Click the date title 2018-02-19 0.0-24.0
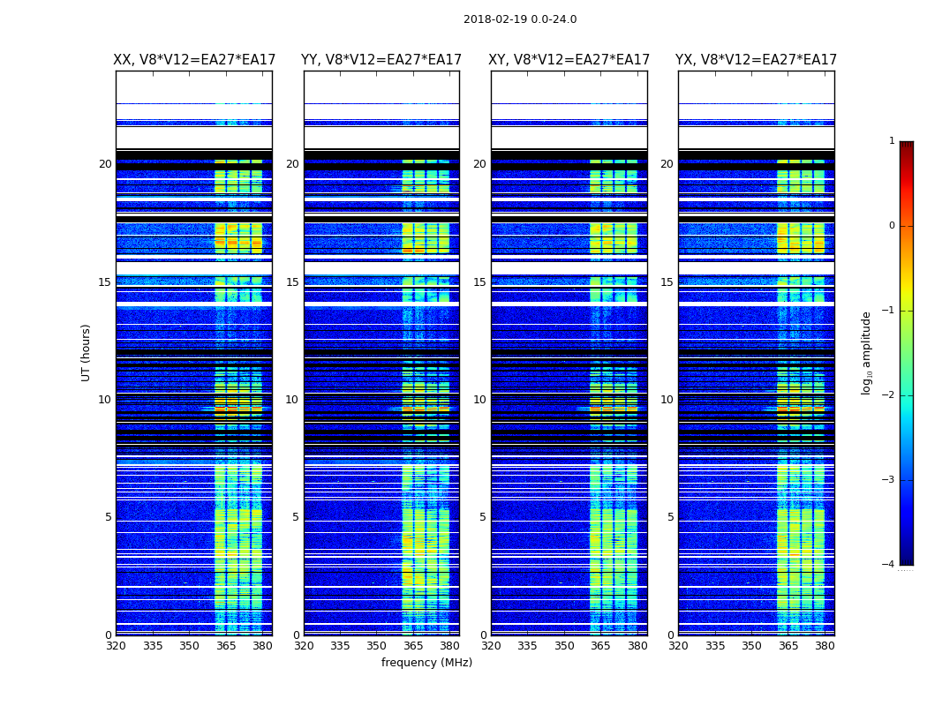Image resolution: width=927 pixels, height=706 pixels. (520, 19)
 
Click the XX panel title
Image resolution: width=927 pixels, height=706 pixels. (194, 60)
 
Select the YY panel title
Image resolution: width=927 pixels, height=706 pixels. (381, 60)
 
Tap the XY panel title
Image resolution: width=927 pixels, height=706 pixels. (569, 60)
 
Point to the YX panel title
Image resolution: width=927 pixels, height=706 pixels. (757, 60)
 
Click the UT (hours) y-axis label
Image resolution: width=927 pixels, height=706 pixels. (87, 352)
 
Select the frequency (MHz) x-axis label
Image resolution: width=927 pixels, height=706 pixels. (426, 663)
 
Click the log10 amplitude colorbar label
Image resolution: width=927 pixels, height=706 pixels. (867, 352)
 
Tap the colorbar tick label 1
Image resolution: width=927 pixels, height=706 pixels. (891, 141)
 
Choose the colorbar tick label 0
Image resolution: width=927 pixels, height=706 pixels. (891, 226)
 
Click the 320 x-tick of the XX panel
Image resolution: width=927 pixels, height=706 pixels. (116, 646)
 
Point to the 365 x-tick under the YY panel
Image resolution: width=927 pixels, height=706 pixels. (413, 646)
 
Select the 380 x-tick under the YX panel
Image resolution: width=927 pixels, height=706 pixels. (825, 646)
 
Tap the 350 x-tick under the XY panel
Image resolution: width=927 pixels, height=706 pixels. (564, 646)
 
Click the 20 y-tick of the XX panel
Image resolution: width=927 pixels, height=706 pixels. (105, 164)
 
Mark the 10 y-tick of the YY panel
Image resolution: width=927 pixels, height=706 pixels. (291, 400)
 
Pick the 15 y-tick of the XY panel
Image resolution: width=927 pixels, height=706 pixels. (479, 282)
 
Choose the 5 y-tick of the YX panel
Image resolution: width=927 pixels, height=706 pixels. (670, 517)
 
